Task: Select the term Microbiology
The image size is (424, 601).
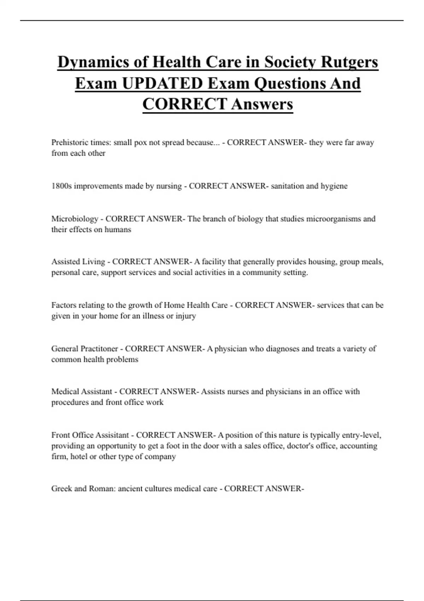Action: point(75,219)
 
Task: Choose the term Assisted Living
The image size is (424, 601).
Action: point(78,262)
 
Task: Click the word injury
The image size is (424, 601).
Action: point(185,316)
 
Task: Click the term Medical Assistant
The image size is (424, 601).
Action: point(82,392)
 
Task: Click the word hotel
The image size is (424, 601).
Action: point(78,456)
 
